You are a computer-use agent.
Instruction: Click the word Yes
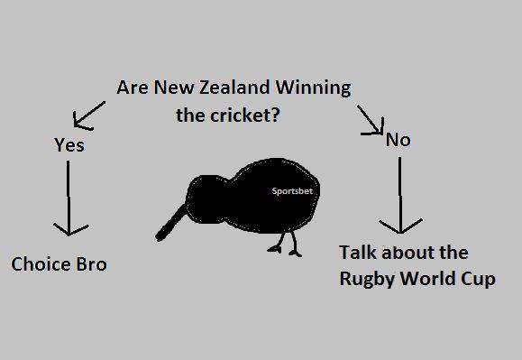coord(69,144)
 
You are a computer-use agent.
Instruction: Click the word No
coord(398,140)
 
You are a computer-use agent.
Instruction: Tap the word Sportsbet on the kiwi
coord(292,191)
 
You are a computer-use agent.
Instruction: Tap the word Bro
coord(91,264)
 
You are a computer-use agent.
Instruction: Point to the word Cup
coord(479,279)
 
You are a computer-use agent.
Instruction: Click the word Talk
coord(359,252)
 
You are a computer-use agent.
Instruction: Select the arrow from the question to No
coord(371,120)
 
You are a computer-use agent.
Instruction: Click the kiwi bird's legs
coord(286,242)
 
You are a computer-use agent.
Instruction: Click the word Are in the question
coord(133,88)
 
